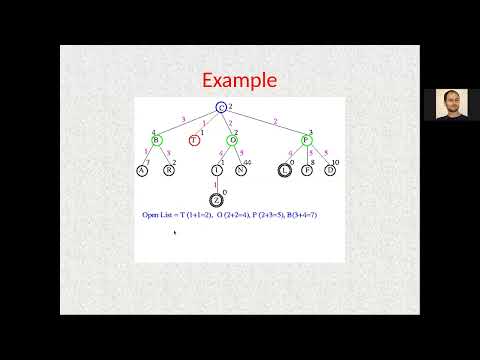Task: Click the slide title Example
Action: point(239,80)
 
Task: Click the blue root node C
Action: point(221,107)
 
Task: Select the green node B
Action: point(156,139)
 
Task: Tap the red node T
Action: point(194,139)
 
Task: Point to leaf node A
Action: point(142,170)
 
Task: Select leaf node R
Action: point(170,170)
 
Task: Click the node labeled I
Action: point(217,170)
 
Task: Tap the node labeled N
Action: point(241,170)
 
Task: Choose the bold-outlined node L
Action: point(285,170)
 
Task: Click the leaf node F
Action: point(307,170)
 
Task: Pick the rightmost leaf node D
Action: point(330,170)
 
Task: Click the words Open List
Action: point(158,215)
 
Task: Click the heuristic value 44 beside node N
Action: point(248,161)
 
